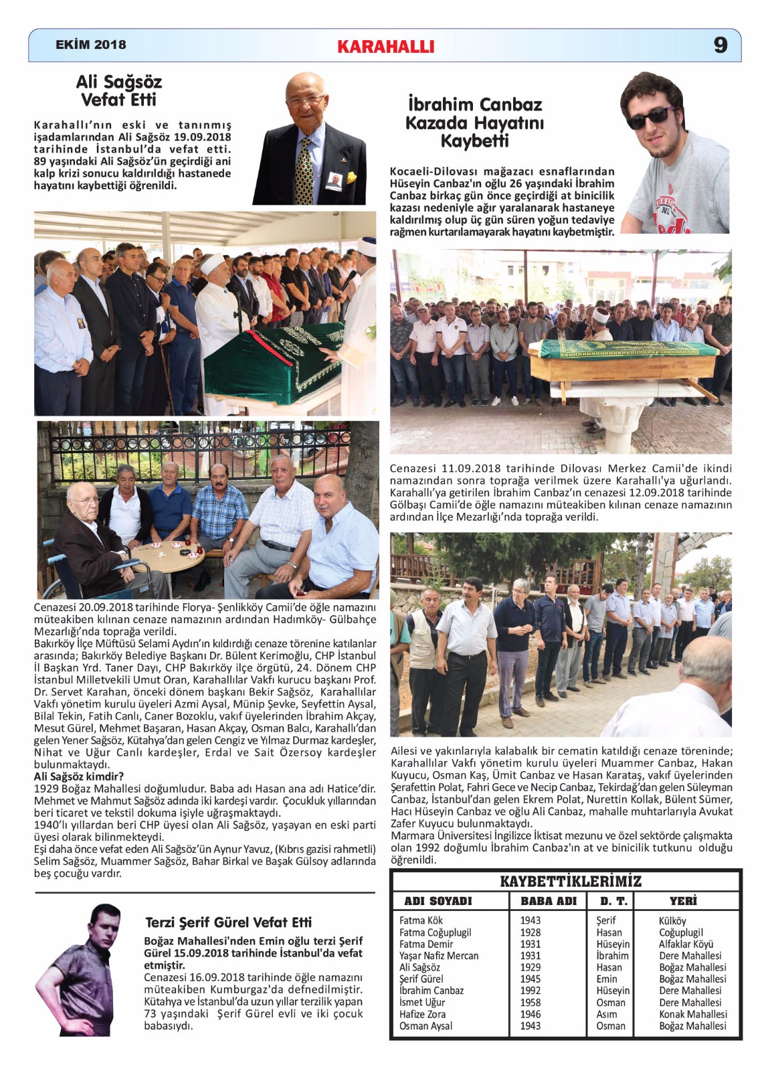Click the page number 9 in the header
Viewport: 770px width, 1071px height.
[x=720, y=45]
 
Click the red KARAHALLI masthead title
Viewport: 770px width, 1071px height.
[x=385, y=46]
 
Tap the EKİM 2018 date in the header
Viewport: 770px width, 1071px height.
[x=91, y=45]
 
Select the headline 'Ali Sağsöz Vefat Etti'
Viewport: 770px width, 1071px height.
[x=119, y=91]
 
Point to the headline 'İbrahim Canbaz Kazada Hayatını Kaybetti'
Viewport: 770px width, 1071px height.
[x=475, y=122]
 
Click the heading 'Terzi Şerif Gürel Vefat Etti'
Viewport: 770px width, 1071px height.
[x=229, y=922]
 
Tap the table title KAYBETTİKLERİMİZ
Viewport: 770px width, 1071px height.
[x=571, y=881]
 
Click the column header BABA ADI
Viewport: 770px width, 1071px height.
[x=549, y=901]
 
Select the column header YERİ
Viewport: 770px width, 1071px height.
[x=683, y=901]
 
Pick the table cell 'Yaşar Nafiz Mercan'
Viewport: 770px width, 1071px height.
[x=439, y=956]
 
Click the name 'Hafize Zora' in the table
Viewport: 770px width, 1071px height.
[x=423, y=1014]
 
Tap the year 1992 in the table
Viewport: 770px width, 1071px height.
[x=531, y=991]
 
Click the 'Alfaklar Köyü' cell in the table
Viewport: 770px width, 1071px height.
[x=686, y=944]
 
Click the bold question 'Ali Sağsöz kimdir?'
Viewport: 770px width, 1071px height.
[x=79, y=776]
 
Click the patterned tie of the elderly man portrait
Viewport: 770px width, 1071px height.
[x=304, y=171]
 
